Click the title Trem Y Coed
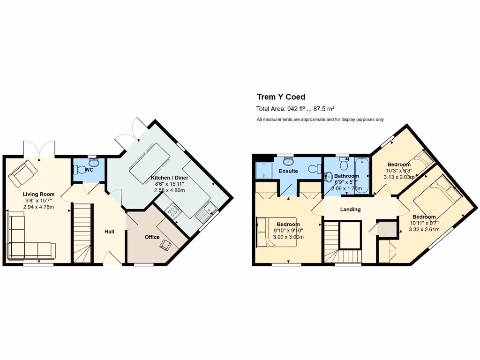tap(281, 97)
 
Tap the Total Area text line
tap(295, 109)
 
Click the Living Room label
tap(39, 194)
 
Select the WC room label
tap(89, 170)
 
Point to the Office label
tap(152, 237)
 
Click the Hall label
tap(110, 232)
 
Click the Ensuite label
tap(288, 171)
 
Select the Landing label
tap(350, 210)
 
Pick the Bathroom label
tap(346, 176)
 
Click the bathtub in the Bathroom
tap(362, 175)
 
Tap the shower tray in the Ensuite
tap(263, 171)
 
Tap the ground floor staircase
tap(82, 232)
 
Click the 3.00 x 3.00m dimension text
tap(289, 237)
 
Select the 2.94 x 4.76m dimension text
tap(39, 207)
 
